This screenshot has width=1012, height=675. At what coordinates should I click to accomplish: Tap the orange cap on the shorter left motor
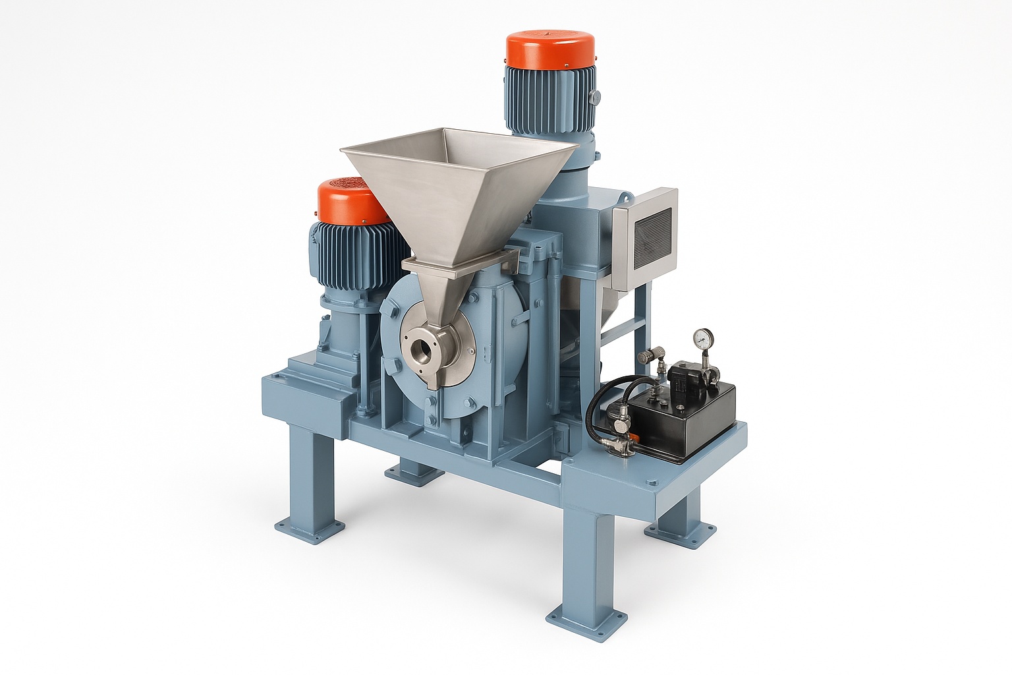coord(349,202)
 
